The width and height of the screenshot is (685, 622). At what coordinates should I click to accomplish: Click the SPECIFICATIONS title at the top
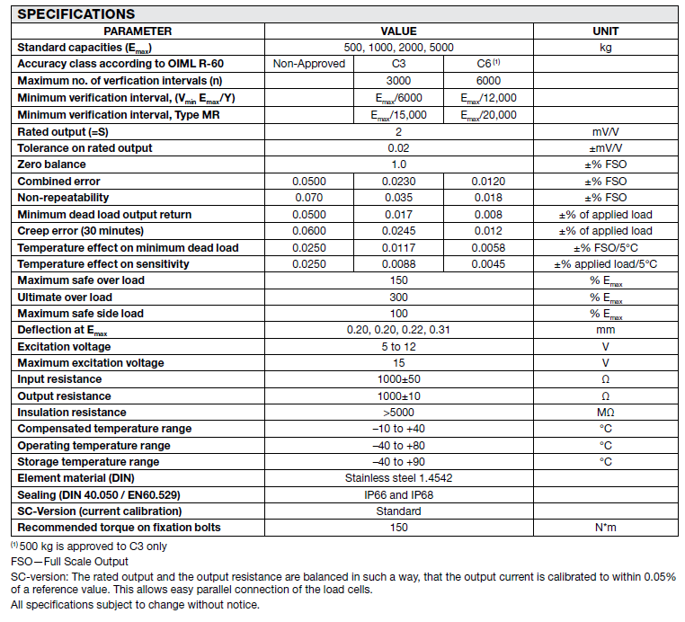[x=76, y=14]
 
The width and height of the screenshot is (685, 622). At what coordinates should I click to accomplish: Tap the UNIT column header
[x=606, y=31]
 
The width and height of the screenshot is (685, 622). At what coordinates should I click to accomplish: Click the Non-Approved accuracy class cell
[x=308, y=64]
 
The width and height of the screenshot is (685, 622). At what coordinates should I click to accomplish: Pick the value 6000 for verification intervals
[x=488, y=81]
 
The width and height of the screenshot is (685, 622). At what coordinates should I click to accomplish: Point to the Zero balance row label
[x=52, y=164]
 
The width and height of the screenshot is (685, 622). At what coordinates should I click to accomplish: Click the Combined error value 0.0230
[x=398, y=181]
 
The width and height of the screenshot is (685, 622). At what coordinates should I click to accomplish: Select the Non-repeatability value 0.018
[x=488, y=197]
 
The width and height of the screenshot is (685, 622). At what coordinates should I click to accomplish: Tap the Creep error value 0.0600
[x=308, y=231]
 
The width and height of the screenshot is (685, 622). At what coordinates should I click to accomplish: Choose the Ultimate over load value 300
[x=398, y=297]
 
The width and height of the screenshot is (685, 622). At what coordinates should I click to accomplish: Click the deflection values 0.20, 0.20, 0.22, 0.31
[x=398, y=330]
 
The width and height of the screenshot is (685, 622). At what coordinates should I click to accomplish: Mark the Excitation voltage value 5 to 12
[x=398, y=346]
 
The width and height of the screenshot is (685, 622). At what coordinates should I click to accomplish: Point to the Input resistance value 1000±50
[x=398, y=379]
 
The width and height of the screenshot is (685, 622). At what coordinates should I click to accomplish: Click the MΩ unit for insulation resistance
[x=606, y=413]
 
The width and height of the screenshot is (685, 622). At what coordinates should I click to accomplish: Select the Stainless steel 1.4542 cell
[x=398, y=478]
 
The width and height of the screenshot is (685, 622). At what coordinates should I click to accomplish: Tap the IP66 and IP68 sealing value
[x=398, y=495]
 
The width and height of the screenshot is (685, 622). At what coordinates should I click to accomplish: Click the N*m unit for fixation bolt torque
[x=606, y=528]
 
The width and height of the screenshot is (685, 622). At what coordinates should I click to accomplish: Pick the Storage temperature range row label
[x=88, y=462]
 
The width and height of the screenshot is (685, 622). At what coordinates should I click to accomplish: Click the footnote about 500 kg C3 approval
[x=90, y=546]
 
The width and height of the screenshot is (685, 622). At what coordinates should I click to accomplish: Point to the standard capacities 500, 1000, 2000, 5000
[x=398, y=48]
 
